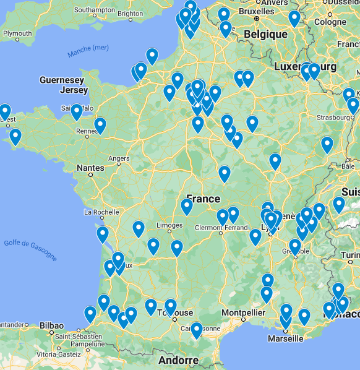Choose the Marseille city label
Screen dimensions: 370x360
click(285, 338)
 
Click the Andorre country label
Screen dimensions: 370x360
click(178, 360)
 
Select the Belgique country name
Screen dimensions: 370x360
click(265, 34)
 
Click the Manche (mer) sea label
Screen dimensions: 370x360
click(88, 51)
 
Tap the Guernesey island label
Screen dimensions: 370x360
click(61, 80)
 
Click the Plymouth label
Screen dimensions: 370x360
click(17, 33)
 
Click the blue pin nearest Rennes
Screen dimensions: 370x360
click(100, 126)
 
